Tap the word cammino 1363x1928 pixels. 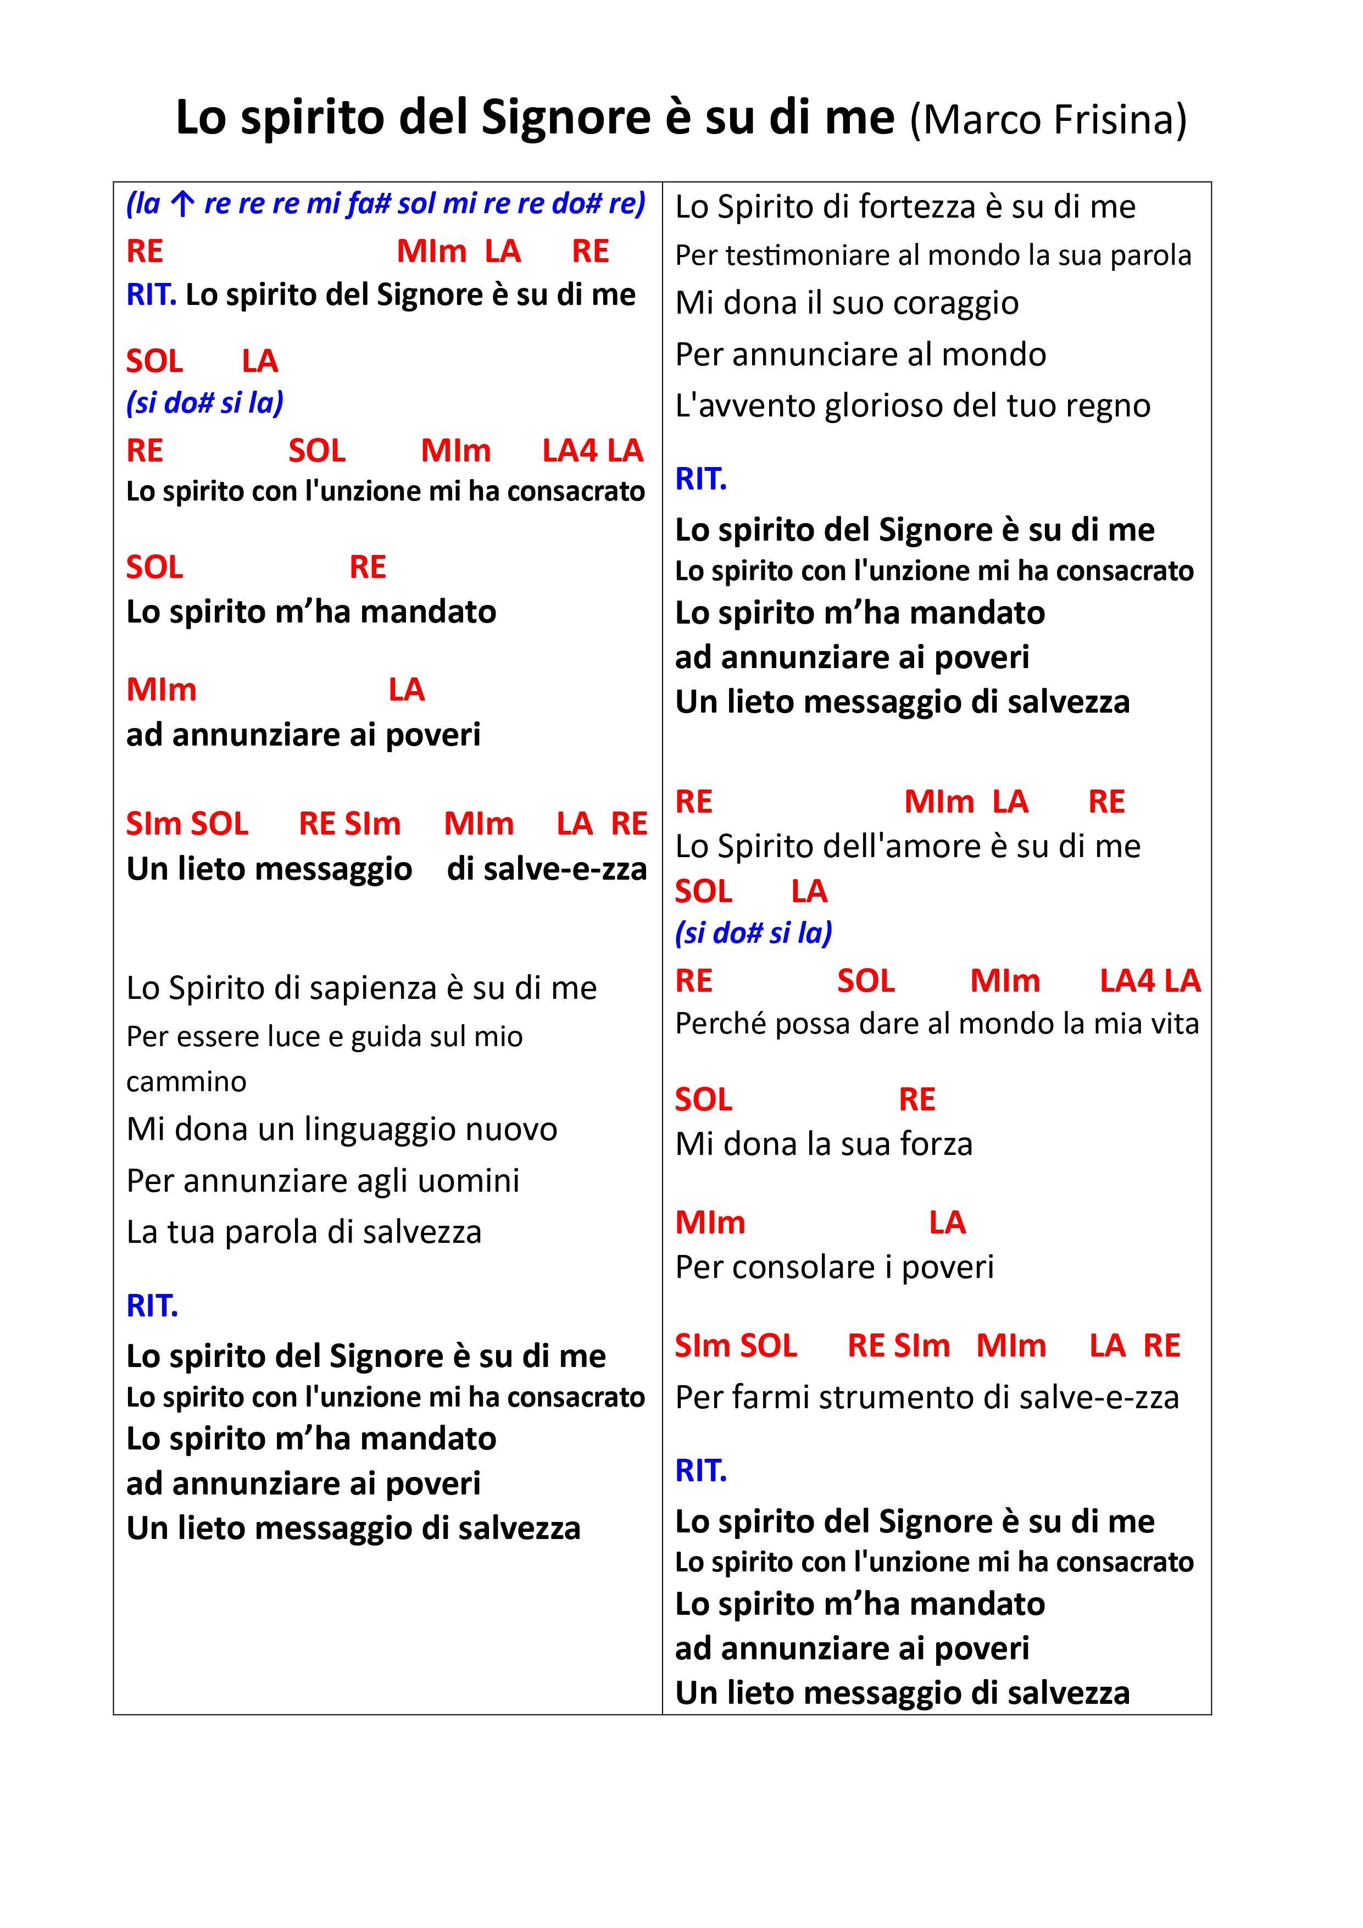point(186,1081)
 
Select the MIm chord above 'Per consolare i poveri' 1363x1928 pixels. point(710,1223)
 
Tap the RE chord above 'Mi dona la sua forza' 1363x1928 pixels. point(916,1100)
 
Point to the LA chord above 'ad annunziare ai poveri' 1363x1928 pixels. point(407,690)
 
